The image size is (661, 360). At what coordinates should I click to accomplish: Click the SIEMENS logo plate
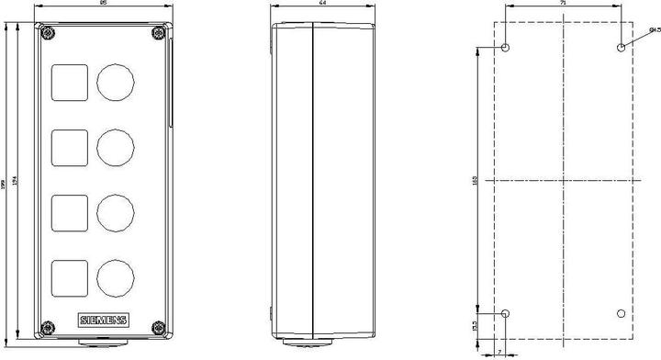[x=106, y=321]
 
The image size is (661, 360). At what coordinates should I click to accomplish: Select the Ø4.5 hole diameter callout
[x=653, y=29]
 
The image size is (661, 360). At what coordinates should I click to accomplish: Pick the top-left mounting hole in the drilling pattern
[x=506, y=47]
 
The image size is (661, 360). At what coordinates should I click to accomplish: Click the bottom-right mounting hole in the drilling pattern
[x=622, y=314]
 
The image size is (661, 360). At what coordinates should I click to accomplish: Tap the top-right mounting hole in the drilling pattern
[x=622, y=47]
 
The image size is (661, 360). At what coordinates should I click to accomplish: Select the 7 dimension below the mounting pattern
[x=499, y=351]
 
